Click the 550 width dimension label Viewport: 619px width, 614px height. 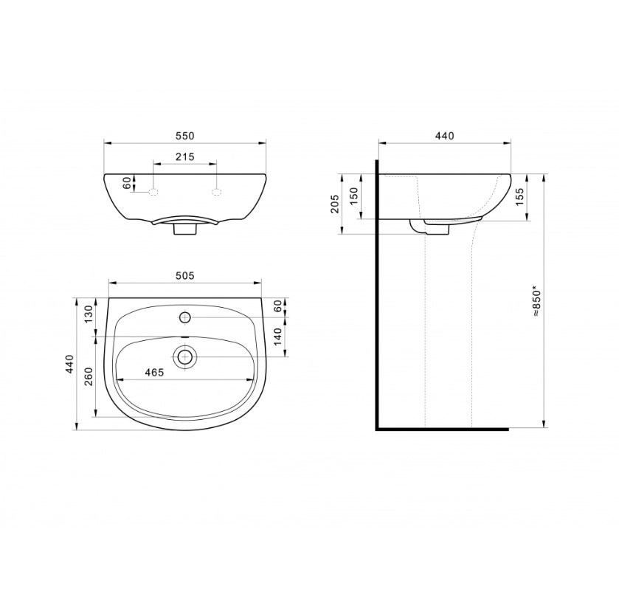(184, 136)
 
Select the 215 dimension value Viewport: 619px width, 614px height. (184, 156)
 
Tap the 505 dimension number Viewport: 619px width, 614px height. (184, 275)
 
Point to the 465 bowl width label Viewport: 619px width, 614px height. (154, 373)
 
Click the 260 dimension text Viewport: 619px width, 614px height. (89, 376)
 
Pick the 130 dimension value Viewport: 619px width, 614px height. (89, 314)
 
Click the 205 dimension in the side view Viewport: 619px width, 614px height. (335, 204)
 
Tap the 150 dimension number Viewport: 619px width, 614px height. (353, 196)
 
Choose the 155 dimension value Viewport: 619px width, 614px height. (519, 196)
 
